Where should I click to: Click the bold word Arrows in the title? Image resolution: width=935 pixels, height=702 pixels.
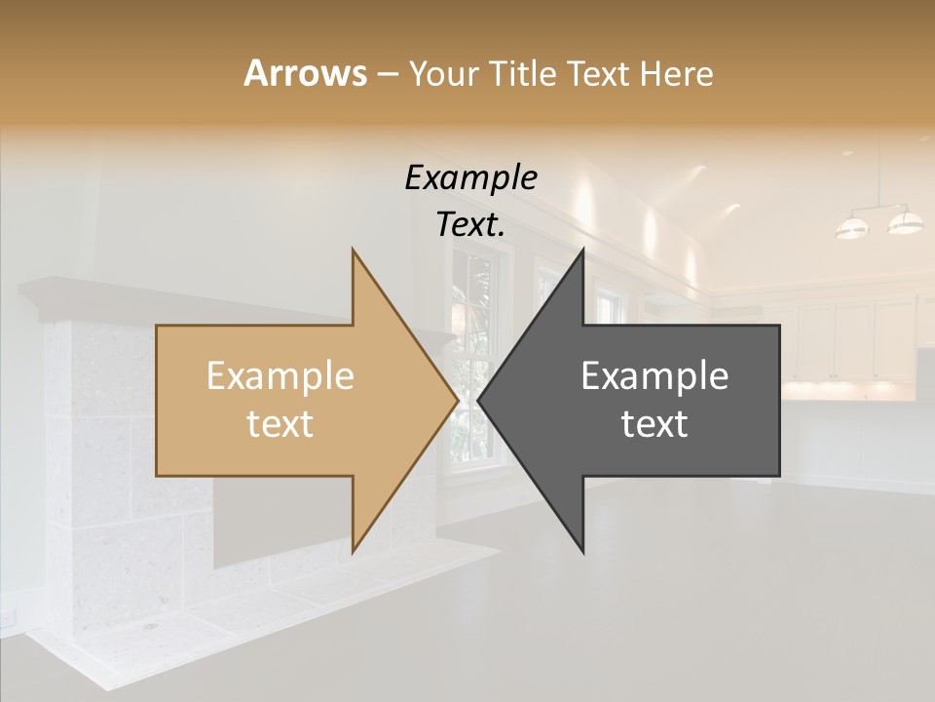pos(305,74)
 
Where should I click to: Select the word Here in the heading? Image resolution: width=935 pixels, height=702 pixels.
pos(676,74)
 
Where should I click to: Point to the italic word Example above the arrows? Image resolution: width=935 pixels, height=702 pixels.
pos(471,178)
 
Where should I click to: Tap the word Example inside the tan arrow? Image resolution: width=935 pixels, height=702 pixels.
pos(280,376)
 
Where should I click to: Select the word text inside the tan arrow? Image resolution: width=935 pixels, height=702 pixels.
pos(280,424)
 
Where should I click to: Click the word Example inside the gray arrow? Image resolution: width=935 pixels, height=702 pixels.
pos(654,376)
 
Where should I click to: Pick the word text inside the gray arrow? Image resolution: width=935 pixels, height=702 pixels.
pos(654,424)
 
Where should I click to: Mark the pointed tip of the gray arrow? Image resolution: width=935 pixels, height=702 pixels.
pos(480,401)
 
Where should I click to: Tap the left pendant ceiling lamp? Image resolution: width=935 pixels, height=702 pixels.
pos(852,228)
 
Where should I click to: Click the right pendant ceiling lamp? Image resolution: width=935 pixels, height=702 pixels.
pos(905,222)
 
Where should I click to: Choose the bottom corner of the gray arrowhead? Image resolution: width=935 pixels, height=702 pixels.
pos(582,552)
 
